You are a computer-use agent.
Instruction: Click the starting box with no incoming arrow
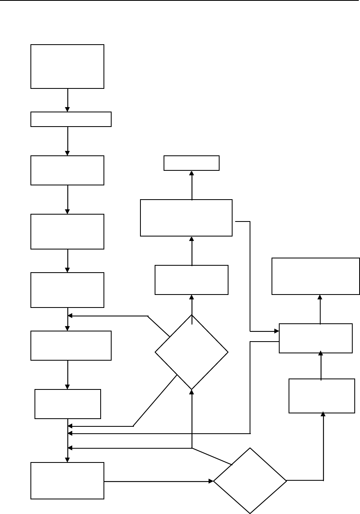pyautogui.click(x=67, y=66)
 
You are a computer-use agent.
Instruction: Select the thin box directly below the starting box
pyautogui.click(x=71, y=119)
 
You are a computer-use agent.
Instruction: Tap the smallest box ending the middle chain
pyautogui.click(x=192, y=163)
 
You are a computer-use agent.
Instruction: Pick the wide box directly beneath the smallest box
pyautogui.click(x=186, y=217)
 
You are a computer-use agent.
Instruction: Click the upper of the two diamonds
pyautogui.click(x=192, y=352)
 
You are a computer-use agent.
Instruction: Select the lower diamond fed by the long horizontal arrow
pyautogui.click(x=250, y=481)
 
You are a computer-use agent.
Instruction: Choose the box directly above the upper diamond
pyautogui.click(x=192, y=280)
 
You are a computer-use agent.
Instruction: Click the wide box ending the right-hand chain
pyautogui.click(x=315, y=276)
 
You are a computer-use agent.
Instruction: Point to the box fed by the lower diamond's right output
pyautogui.click(x=322, y=396)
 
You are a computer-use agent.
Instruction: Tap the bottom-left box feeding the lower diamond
pyautogui.click(x=67, y=481)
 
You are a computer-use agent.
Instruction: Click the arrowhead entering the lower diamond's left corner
pyautogui.click(x=211, y=481)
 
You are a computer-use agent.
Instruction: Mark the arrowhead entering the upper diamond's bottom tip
pyautogui.click(x=192, y=392)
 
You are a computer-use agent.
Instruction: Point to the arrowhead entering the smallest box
pyautogui.click(x=192, y=173)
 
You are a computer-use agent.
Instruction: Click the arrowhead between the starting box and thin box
pyautogui.click(x=67, y=109)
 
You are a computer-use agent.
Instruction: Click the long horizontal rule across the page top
pyautogui.click(x=180, y=1)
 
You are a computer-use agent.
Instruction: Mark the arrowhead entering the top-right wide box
pyautogui.click(x=320, y=297)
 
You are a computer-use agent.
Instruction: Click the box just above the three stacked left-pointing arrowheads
pyautogui.click(x=68, y=404)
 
